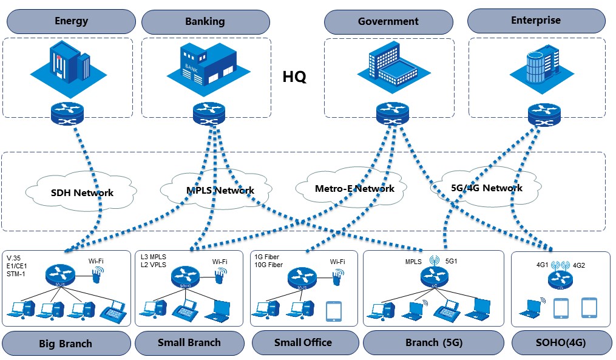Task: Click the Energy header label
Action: click(x=72, y=21)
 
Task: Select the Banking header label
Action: click(x=205, y=22)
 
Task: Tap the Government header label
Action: click(x=388, y=22)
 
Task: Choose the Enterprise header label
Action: click(x=536, y=20)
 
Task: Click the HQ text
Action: click(x=294, y=77)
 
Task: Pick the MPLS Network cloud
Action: click(x=220, y=191)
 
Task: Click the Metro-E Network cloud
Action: click(x=354, y=189)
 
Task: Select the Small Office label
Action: click(x=303, y=342)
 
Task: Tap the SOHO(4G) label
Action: click(x=561, y=342)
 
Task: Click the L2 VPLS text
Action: click(x=153, y=265)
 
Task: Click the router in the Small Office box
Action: click(x=302, y=278)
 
